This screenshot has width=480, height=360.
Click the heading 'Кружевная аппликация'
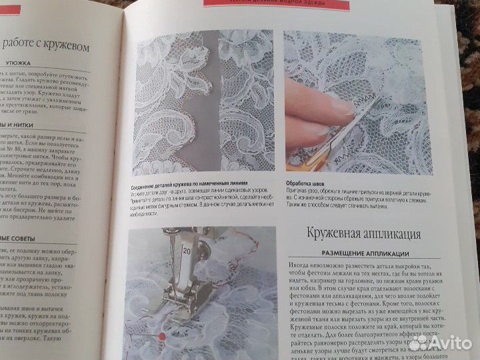[363, 234]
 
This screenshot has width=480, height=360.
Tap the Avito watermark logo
[439, 343]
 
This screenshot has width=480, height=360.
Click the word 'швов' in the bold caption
[325, 182]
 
